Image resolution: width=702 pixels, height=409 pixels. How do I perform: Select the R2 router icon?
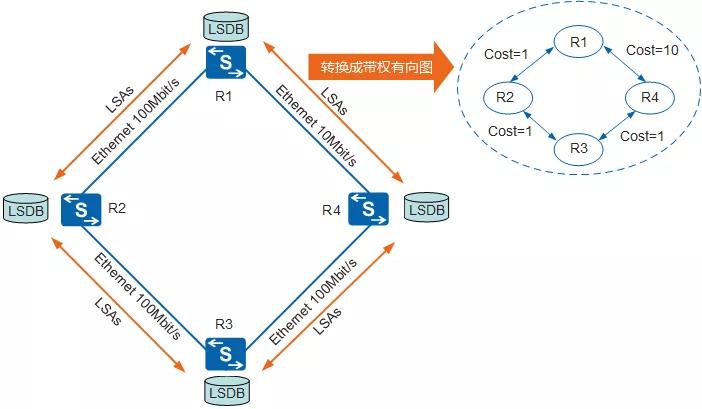coord(80,209)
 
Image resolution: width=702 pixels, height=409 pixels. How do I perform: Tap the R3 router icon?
coord(225,353)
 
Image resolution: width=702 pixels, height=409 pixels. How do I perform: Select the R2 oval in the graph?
coord(507,96)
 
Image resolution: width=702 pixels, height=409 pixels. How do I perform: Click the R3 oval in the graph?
coord(578,149)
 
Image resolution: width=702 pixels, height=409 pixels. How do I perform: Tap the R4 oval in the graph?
coord(650,96)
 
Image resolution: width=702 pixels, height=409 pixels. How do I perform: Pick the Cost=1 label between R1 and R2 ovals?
coord(505,54)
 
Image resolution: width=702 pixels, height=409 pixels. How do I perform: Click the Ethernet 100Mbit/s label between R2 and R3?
coord(139,295)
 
